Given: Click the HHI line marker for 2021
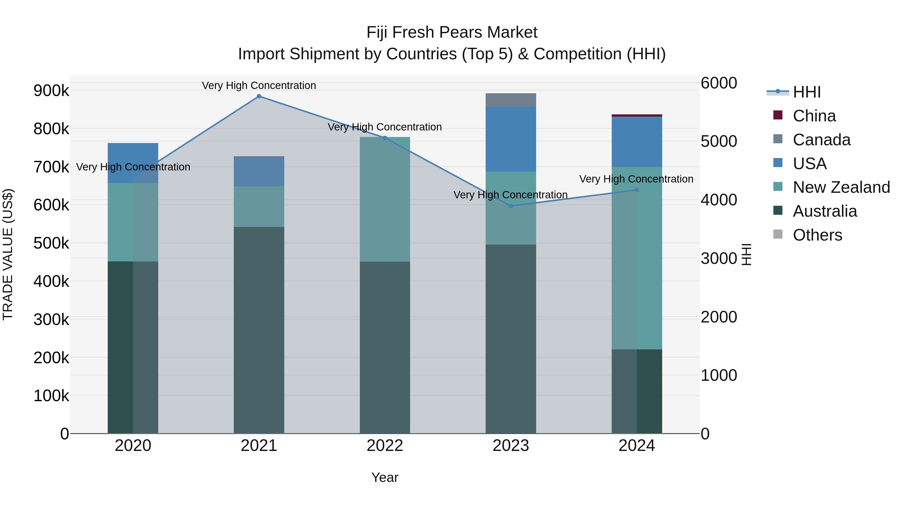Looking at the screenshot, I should tap(259, 96).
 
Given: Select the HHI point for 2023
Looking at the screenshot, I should tap(511, 206).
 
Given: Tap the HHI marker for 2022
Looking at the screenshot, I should tap(385, 138).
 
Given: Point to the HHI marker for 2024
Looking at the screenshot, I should tap(637, 190).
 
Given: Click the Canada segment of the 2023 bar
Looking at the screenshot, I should tap(511, 100).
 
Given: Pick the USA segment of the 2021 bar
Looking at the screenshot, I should tap(259, 171).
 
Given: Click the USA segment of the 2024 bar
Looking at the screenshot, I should tap(637, 142).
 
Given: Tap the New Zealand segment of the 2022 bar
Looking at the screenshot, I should tap(385, 199).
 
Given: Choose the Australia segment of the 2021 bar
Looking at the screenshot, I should tap(259, 330).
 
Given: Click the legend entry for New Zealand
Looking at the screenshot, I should tap(841, 187).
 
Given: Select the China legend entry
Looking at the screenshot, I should tap(814, 116).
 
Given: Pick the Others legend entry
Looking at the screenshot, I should tap(817, 235).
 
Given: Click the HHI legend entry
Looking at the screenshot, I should tap(806, 92).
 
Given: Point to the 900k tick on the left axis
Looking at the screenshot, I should tap(51, 91).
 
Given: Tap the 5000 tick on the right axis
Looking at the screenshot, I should tap(719, 142).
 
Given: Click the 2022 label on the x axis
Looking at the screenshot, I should tap(385, 446).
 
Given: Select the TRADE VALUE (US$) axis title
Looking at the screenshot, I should tap(8, 254).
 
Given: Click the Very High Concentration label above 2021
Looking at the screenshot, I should tap(259, 85).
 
